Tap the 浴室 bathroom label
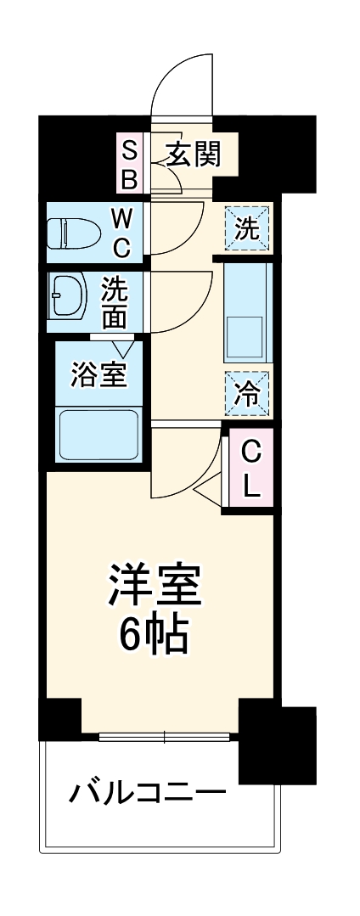pyautogui.click(x=99, y=374)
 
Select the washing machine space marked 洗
pyautogui.click(x=247, y=228)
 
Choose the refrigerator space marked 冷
pyautogui.click(x=248, y=393)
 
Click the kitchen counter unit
pyautogui.click(x=247, y=311)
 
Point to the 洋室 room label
pyautogui.click(x=155, y=587)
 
